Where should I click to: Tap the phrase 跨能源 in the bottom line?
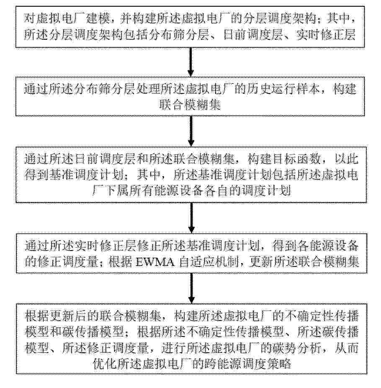pos(222,364)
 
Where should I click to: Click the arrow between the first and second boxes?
pos(190,62)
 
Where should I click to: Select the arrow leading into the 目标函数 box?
pos(190,131)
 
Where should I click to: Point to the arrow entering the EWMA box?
pos(191,218)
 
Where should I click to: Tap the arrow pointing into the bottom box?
pos(191,288)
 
